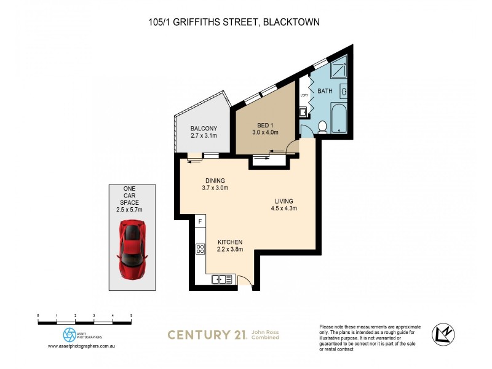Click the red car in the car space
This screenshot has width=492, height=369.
pos(132,250)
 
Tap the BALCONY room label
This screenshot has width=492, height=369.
pos(203,129)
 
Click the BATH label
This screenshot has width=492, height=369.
pos(325,92)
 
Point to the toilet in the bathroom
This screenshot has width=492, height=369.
pos(322,127)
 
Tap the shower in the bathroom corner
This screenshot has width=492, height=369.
pos(340,69)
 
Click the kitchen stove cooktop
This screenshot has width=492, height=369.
pos(200,249)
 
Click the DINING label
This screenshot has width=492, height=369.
pos(216,180)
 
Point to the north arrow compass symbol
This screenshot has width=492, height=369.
pos(443,334)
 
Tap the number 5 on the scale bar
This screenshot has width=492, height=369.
pos(131,315)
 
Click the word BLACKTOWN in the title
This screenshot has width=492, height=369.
pos(291,22)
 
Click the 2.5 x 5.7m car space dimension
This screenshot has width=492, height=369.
pos(132,210)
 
